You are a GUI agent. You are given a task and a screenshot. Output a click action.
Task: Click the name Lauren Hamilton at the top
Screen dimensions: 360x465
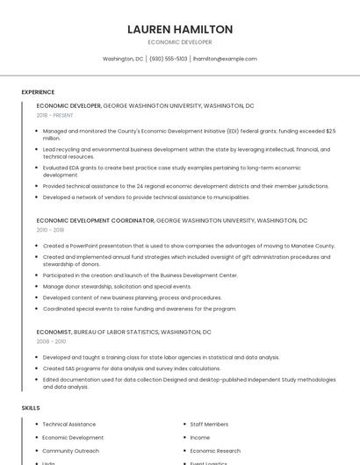click(x=180, y=29)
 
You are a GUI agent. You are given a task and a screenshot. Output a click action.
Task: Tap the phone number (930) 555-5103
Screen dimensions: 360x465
click(x=169, y=59)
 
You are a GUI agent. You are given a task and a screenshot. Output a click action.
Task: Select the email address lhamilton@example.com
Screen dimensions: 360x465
click(x=225, y=59)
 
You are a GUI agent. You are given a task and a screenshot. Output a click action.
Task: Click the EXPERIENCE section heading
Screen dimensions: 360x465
click(x=38, y=92)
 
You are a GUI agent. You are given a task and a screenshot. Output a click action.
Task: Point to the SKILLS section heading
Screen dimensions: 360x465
click(x=31, y=408)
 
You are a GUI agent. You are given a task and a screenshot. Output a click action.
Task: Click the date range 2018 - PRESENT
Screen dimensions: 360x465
click(x=55, y=115)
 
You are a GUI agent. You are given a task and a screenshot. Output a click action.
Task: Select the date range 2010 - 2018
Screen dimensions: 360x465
click(x=50, y=230)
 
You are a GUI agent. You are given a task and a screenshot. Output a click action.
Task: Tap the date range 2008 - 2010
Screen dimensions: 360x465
click(x=51, y=341)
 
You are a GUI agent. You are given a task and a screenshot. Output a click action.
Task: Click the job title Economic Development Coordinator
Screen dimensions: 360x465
click(x=95, y=220)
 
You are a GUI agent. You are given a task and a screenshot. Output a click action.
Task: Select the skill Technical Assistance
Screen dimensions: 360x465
click(x=68, y=424)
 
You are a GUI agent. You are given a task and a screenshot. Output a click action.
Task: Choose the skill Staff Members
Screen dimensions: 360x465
click(x=209, y=424)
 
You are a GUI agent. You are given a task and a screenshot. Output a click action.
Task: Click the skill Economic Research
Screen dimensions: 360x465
click(x=215, y=450)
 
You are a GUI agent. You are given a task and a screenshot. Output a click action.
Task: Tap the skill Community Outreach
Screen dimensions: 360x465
click(x=70, y=450)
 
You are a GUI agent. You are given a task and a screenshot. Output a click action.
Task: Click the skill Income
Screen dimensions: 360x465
click(x=200, y=437)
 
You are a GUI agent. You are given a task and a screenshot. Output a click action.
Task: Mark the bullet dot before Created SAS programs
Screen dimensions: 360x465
click(x=38, y=368)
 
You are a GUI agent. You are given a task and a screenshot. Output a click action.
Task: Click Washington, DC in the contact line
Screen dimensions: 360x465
click(x=123, y=59)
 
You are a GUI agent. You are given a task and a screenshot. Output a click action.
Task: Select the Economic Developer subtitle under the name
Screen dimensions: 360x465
click(x=180, y=42)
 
